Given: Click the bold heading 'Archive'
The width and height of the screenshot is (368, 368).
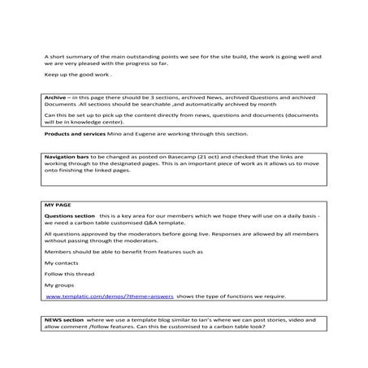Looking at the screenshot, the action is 55,97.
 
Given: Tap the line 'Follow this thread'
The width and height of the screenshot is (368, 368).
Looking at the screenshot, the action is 67,275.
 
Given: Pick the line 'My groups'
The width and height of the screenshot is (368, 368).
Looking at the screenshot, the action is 59,285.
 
